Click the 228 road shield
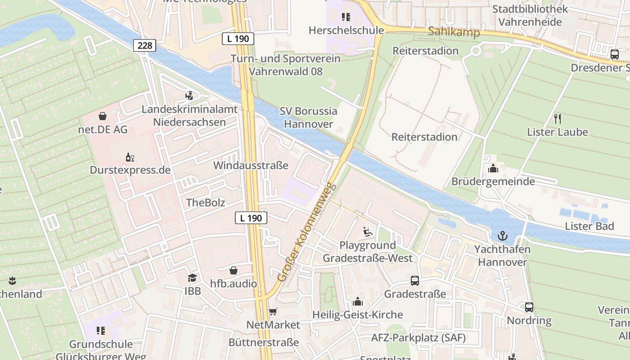click(x=144, y=45)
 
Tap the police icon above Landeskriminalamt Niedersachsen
click(x=189, y=95)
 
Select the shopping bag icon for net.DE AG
click(x=103, y=116)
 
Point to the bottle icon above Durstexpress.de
click(x=130, y=157)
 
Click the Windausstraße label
click(x=251, y=165)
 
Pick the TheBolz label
click(x=206, y=202)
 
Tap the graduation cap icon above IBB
click(x=193, y=278)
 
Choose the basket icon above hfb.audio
click(x=234, y=270)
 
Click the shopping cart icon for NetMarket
click(x=273, y=311)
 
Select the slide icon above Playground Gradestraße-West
click(x=368, y=232)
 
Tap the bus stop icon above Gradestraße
click(x=415, y=281)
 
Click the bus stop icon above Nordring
click(x=529, y=307)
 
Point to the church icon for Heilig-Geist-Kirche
click(x=358, y=301)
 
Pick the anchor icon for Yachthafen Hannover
click(x=502, y=236)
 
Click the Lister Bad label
click(x=589, y=226)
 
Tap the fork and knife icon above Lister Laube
click(x=558, y=118)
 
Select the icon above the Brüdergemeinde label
click(x=493, y=168)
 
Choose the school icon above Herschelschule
click(x=346, y=17)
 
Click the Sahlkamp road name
click(x=454, y=31)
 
